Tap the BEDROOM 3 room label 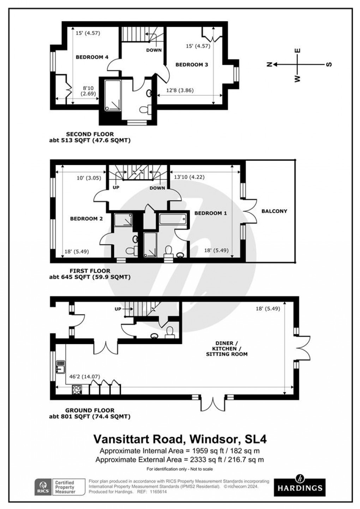tap(192, 65)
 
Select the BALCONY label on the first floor tap(274, 211)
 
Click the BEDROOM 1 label tap(211, 213)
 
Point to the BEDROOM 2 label tap(86, 219)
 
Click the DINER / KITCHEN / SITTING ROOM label tap(227, 349)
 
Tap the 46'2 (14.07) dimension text tap(75, 377)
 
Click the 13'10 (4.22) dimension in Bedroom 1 tap(189, 177)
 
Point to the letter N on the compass tap(269, 64)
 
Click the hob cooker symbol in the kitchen tap(77, 390)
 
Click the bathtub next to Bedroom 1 tap(173, 219)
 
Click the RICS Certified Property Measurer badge tap(60, 487)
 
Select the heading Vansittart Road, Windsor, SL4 tap(180, 439)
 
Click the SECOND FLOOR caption tap(90, 134)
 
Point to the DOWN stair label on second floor tap(154, 50)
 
